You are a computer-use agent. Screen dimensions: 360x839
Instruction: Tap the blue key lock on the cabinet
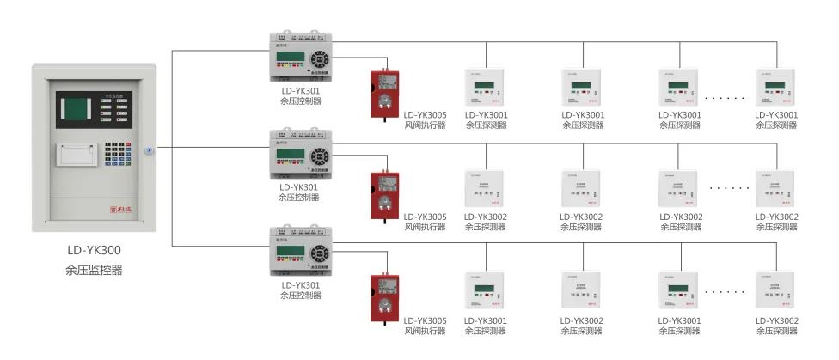[x=149, y=150]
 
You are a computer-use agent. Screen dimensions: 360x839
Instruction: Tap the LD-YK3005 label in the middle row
[x=426, y=217]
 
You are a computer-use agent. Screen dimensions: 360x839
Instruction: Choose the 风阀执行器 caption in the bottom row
[x=426, y=331]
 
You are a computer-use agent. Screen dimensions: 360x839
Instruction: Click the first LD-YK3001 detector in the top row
[x=487, y=87]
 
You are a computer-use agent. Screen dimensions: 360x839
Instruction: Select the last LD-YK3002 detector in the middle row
[x=778, y=188]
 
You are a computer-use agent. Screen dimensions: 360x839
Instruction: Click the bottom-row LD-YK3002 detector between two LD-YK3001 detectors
[x=583, y=291]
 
